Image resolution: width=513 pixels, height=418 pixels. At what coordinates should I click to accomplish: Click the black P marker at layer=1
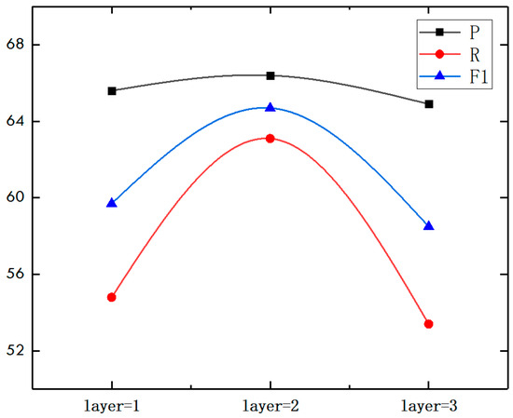[x=112, y=90]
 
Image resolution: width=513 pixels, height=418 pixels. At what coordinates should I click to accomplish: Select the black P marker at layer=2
[x=270, y=75]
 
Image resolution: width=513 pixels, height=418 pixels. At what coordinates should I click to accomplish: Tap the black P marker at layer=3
[x=429, y=103]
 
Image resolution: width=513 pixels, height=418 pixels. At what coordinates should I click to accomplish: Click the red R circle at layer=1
[x=112, y=297]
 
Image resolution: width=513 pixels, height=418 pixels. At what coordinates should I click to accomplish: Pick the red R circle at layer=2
[x=270, y=138]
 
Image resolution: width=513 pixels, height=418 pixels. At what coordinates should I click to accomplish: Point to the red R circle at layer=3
[x=429, y=324]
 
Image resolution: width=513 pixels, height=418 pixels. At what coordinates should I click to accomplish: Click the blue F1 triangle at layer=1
[x=112, y=202]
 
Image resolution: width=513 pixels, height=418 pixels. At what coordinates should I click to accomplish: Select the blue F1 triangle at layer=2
[x=270, y=108]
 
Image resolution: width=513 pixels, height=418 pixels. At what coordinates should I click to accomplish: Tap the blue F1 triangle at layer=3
[x=429, y=226]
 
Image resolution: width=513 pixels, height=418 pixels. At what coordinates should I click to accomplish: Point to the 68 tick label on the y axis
[x=18, y=45]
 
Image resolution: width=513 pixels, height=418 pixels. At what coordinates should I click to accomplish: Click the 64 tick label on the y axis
[x=18, y=121]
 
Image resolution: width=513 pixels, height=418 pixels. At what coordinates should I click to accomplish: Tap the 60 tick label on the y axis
[x=18, y=198]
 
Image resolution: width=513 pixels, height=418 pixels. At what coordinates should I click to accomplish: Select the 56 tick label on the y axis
[x=18, y=275]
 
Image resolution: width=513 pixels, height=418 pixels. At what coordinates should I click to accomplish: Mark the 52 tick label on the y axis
[x=18, y=351]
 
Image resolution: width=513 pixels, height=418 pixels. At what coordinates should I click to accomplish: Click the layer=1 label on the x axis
[x=112, y=406]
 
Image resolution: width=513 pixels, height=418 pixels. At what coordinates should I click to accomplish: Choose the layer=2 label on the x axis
[x=270, y=406]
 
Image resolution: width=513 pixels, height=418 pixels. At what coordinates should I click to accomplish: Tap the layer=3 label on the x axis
[x=429, y=406]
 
